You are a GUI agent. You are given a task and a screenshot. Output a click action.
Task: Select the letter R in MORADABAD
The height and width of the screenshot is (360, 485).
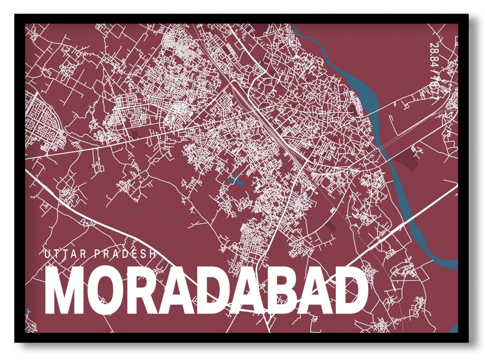tap(138, 291)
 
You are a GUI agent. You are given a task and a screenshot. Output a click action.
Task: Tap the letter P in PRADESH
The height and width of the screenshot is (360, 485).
tap(98, 254)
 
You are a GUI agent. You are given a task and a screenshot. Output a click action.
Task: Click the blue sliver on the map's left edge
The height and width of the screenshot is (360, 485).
tap(27, 313)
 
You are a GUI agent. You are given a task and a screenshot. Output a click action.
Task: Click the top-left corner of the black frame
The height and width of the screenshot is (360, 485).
tap(16, 16)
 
